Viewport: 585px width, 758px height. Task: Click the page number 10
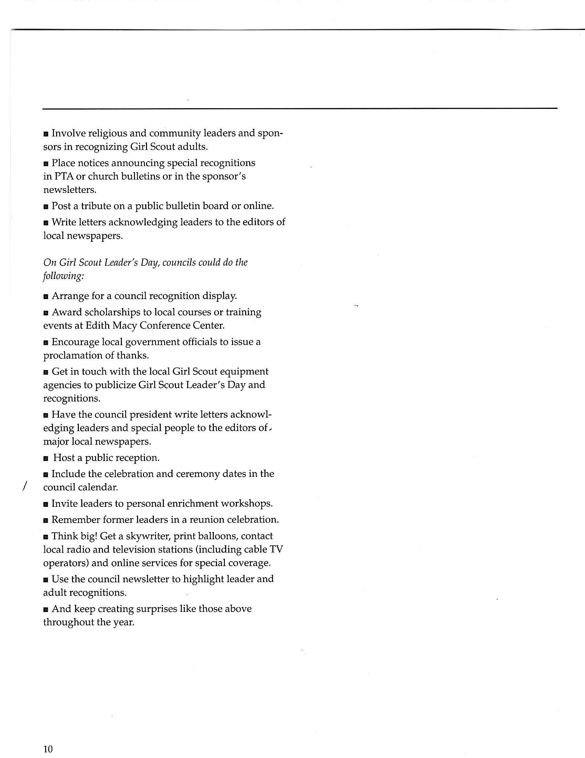point(48,749)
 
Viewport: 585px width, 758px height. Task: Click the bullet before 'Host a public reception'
point(46,458)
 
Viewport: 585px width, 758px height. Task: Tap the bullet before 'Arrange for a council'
point(46,296)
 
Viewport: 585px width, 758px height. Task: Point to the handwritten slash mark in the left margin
point(24,485)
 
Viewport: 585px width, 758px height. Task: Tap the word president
point(143,415)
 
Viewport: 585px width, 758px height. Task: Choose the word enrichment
point(192,504)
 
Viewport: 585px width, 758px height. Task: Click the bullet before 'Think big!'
point(46,536)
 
